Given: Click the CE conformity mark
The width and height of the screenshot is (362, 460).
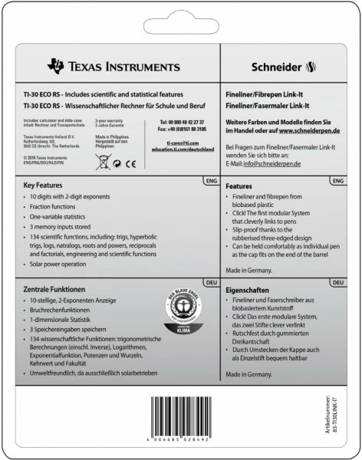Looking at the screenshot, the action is point(130,162).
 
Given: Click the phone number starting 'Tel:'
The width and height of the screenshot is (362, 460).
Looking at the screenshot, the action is point(182,122).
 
